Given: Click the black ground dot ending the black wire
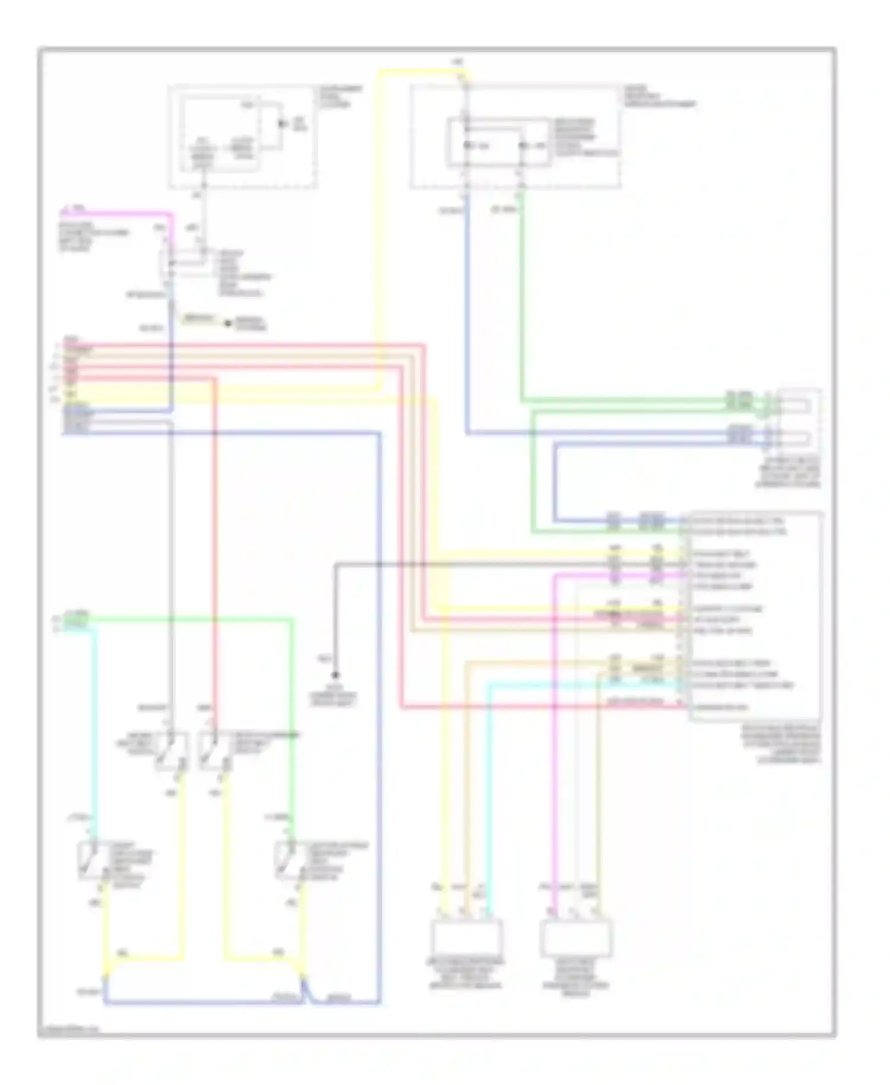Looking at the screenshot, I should coord(335,675).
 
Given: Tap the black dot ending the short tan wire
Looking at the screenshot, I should coord(227,323).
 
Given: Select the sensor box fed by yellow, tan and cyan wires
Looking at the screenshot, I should coord(466,936).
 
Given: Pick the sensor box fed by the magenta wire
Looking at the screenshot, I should coord(576,936).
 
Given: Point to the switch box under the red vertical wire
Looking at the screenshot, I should coord(214,751).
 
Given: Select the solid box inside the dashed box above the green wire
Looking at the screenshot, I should coord(498,142).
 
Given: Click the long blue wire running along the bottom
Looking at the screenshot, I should coord(202,1003).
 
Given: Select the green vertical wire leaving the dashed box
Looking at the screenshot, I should coord(522,297).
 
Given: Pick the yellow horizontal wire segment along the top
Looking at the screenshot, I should coord(421,72).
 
